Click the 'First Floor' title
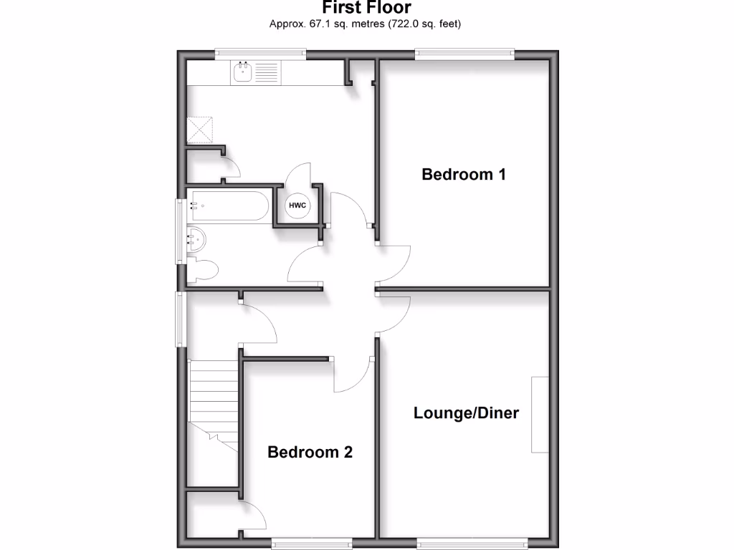(x=366, y=8)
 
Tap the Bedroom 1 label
(x=464, y=174)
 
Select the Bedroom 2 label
(x=310, y=452)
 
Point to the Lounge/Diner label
(x=466, y=413)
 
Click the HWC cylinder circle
(x=297, y=206)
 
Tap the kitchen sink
(x=243, y=72)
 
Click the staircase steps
(x=214, y=401)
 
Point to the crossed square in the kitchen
(x=201, y=129)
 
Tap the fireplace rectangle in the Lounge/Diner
(x=540, y=415)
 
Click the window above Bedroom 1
(x=465, y=52)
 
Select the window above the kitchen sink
(x=262, y=52)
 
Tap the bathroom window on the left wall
(x=181, y=231)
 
